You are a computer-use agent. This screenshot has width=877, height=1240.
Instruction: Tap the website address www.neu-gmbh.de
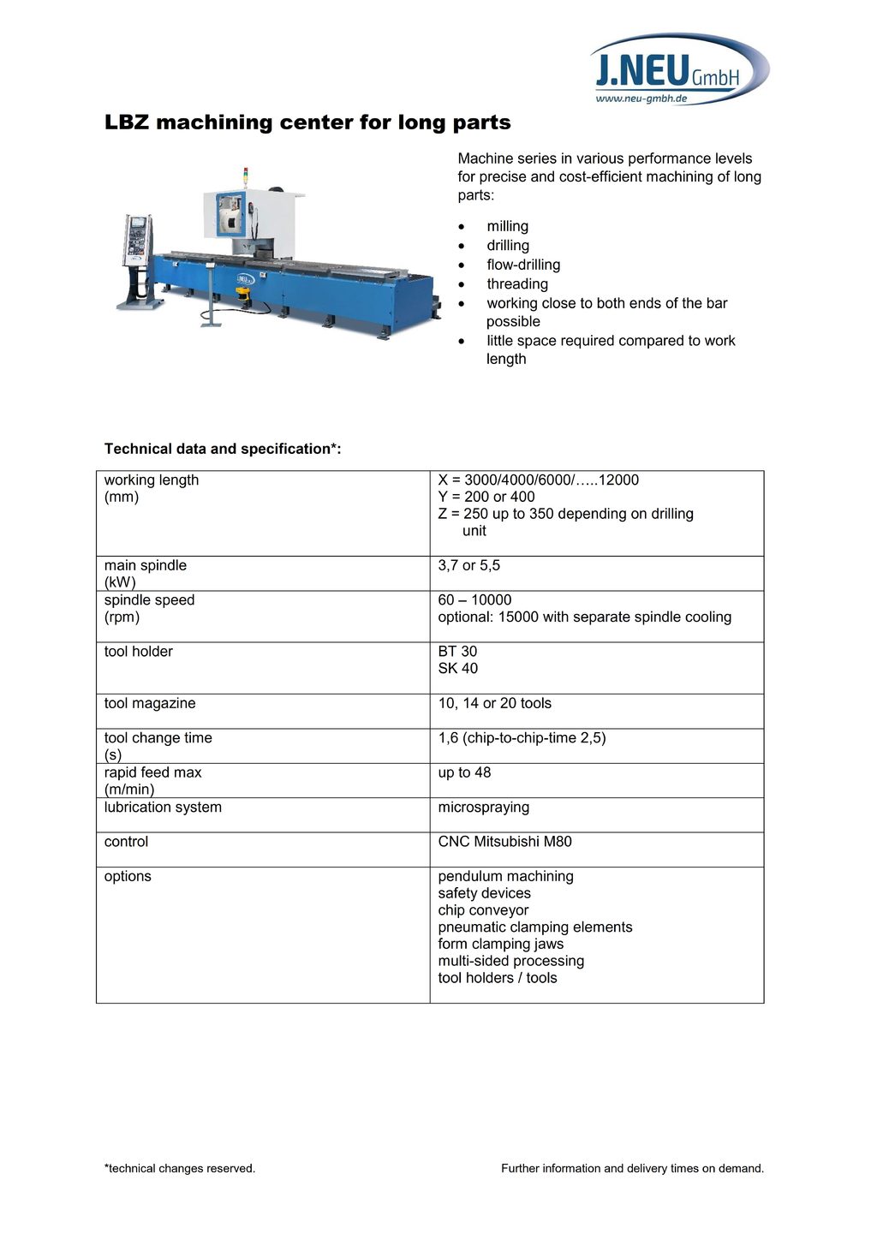(641, 98)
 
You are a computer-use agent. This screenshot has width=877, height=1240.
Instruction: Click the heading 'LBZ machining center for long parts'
(307, 122)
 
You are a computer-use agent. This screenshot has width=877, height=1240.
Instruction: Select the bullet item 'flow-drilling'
(523, 265)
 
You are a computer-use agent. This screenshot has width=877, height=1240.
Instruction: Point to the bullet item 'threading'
(517, 283)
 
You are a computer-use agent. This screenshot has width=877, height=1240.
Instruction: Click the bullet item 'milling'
(507, 226)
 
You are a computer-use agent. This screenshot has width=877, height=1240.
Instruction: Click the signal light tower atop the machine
(246, 176)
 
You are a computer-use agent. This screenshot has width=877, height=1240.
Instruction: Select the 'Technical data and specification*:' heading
(223, 449)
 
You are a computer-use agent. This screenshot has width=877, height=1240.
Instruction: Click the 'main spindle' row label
(146, 565)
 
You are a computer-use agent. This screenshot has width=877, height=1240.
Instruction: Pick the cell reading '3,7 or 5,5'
(468, 565)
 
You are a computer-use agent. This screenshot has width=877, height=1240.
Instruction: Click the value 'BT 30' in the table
(457, 652)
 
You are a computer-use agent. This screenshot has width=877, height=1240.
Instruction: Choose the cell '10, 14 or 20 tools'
(494, 703)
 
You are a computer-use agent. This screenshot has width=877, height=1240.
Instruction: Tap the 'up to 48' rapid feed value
(464, 772)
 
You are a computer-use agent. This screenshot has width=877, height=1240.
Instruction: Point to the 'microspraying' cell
(483, 807)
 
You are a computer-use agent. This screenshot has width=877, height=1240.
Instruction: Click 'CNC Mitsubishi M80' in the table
(504, 842)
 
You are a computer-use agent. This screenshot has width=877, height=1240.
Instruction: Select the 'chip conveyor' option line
(483, 910)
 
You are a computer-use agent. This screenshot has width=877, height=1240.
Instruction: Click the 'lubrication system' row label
(163, 807)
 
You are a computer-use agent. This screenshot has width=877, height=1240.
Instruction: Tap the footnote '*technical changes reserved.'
(180, 1168)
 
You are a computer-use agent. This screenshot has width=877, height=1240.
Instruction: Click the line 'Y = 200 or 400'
(486, 497)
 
